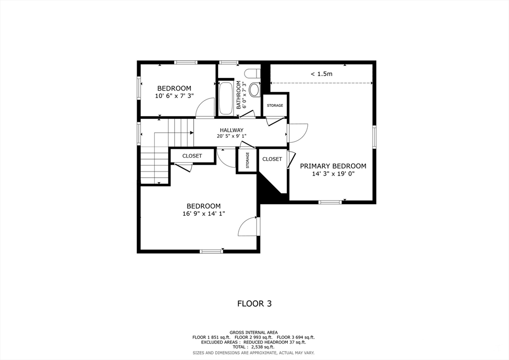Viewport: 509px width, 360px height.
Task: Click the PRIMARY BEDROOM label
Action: point(333,166)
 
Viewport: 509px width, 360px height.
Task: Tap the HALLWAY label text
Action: point(232,130)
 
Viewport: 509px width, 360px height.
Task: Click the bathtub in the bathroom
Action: point(226,98)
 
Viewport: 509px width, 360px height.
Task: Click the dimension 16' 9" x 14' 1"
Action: point(203,214)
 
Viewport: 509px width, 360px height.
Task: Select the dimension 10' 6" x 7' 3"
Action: point(174,96)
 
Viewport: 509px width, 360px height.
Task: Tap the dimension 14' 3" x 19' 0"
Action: point(333,174)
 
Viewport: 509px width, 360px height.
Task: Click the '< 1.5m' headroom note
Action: point(322,74)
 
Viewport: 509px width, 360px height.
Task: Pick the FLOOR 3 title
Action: point(254,303)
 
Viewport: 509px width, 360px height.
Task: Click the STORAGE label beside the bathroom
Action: point(275,105)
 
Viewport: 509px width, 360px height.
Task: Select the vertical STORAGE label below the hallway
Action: point(248,160)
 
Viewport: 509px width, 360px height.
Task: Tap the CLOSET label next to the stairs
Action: point(192,156)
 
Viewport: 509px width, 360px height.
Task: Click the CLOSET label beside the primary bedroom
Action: point(272,159)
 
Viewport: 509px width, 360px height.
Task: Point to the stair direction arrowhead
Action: point(191,132)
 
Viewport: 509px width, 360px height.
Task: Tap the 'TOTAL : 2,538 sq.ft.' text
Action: point(254,347)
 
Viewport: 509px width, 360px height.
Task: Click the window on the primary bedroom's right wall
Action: point(374,137)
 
